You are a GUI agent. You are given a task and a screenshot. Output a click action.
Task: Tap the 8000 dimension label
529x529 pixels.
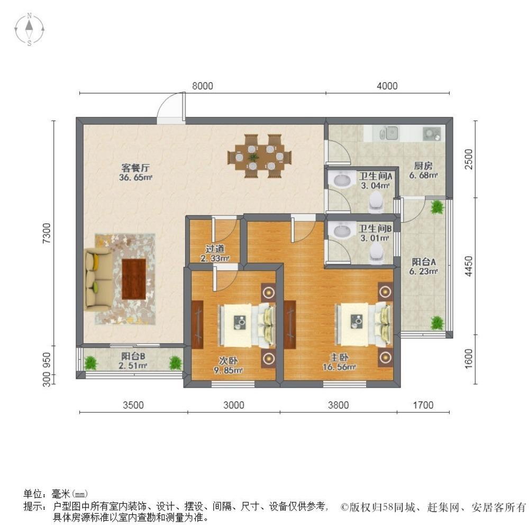[x=202, y=86]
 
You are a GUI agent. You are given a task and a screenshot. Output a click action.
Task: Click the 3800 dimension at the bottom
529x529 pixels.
[x=339, y=406]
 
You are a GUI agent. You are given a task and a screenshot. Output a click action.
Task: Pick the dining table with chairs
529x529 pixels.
[x=259, y=156]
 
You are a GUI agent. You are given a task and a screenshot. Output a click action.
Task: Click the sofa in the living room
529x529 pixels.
[x=97, y=278]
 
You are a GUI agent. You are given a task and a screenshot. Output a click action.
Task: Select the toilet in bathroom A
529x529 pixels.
[x=376, y=199]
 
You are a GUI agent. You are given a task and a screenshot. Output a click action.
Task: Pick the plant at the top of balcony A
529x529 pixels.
[x=437, y=207]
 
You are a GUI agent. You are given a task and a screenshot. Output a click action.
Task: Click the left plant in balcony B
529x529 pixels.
[x=91, y=363]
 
